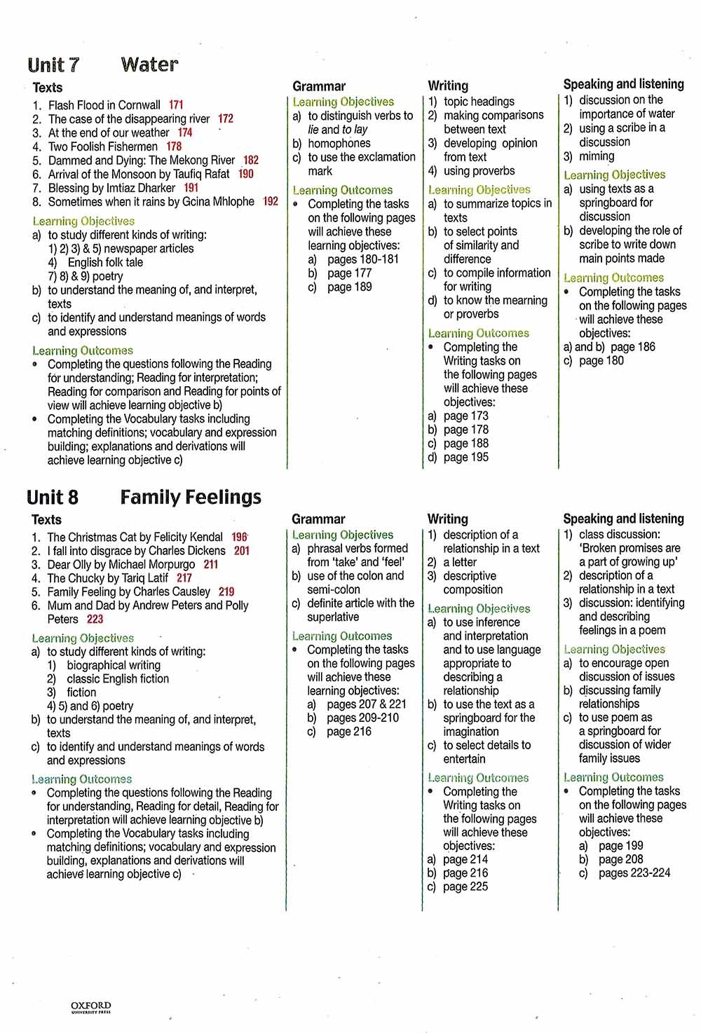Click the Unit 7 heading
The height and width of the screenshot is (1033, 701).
(x=53, y=65)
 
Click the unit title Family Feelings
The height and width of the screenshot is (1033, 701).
(x=191, y=497)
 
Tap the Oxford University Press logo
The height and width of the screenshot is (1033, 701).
(x=91, y=1008)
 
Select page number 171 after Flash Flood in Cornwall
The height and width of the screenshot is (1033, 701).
(x=176, y=105)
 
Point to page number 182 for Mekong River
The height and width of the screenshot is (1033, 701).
(x=251, y=160)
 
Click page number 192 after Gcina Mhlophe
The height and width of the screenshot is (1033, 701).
(x=271, y=201)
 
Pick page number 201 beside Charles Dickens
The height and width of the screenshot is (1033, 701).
(x=242, y=551)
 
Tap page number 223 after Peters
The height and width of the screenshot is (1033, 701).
(x=95, y=619)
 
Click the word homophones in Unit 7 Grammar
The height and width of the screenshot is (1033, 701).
(x=339, y=143)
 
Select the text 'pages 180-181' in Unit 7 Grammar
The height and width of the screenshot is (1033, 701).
(x=363, y=259)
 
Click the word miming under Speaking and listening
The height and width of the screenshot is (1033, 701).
(x=597, y=156)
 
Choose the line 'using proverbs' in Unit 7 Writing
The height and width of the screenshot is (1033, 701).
(x=479, y=170)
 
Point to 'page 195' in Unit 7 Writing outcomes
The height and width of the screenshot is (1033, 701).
(x=466, y=457)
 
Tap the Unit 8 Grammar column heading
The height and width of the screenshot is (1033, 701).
(x=318, y=519)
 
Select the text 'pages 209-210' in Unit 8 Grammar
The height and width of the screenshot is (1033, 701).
(x=362, y=718)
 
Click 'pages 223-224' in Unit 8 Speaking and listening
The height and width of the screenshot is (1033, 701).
(x=634, y=873)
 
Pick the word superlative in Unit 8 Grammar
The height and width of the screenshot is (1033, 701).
(x=333, y=617)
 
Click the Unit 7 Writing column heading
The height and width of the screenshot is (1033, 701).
(x=448, y=85)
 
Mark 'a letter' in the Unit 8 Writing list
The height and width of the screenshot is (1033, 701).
(x=460, y=562)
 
